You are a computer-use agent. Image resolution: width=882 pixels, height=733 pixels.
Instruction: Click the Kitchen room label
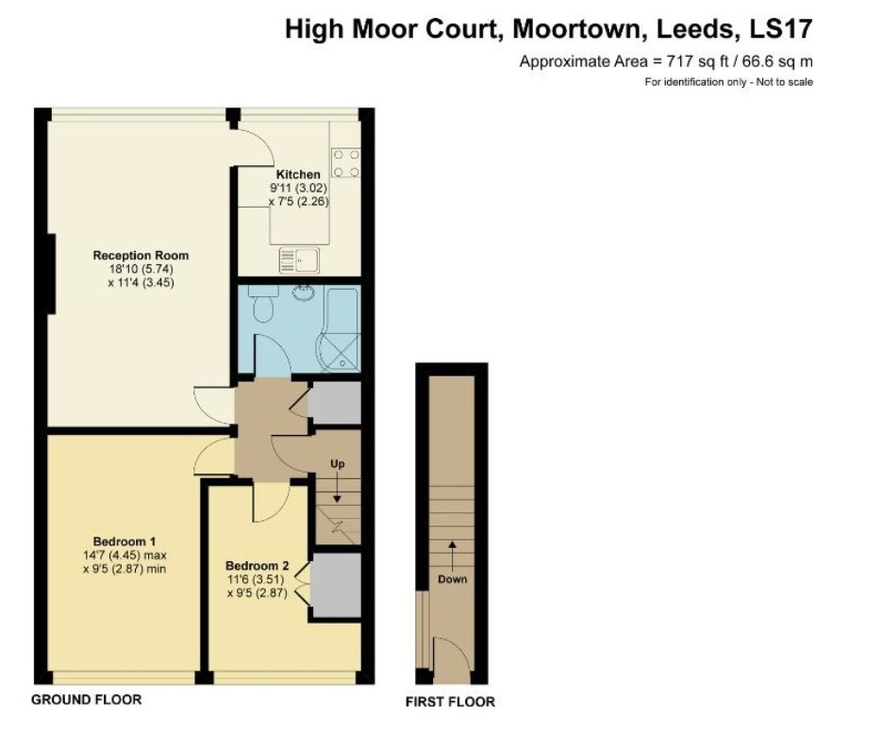(297, 175)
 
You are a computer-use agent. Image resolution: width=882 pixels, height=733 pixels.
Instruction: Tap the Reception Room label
(141, 255)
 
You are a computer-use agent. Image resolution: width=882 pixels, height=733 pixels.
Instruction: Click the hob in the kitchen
(345, 162)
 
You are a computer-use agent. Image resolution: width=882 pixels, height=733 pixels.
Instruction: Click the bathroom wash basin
(304, 292)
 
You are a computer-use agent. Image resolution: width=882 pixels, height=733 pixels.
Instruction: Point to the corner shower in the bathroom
(340, 350)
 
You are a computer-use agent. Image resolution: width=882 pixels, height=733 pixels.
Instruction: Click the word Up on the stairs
(337, 464)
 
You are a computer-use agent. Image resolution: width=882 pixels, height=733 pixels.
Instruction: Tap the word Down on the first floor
(452, 579)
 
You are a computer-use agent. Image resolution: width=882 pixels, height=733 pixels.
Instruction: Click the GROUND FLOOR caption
(87, 700)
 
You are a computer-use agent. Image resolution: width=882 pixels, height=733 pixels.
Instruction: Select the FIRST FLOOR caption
(450, 702)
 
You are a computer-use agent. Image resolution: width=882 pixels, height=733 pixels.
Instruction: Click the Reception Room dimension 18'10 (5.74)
(141, 269)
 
